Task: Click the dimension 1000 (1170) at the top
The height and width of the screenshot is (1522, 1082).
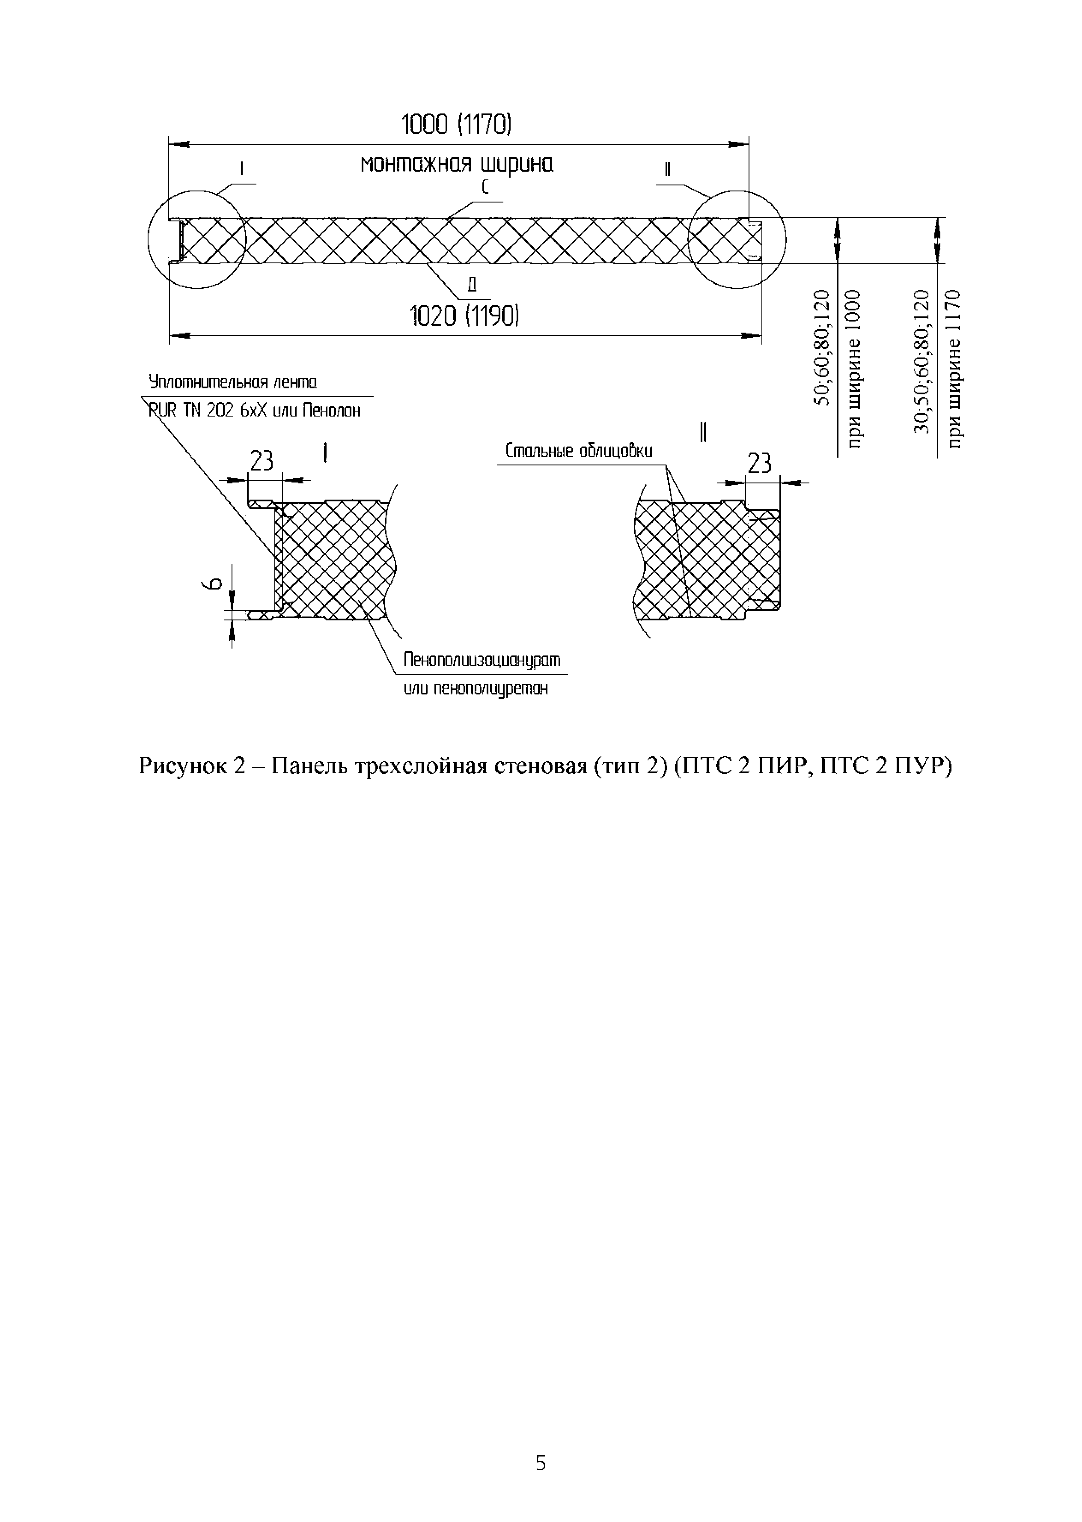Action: [456, 125]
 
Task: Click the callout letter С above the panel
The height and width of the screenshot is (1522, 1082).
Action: [485, 188]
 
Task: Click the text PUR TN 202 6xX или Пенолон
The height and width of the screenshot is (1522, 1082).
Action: [255, 411]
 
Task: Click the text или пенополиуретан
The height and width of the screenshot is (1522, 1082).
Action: [476, 688]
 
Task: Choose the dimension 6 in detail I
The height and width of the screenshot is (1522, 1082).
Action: [211, 584]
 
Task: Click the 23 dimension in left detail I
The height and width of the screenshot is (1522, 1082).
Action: [262, 461]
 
